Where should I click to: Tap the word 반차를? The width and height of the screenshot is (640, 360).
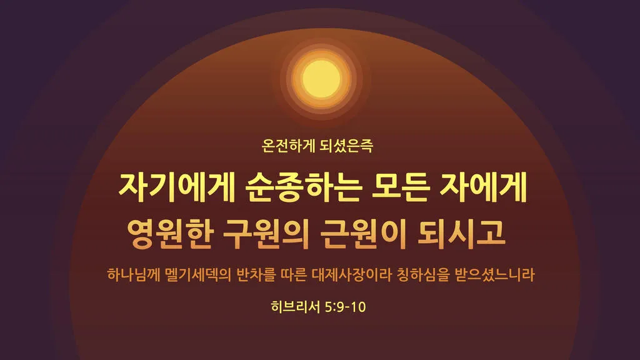pyautogui.click(x=259, y=274)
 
